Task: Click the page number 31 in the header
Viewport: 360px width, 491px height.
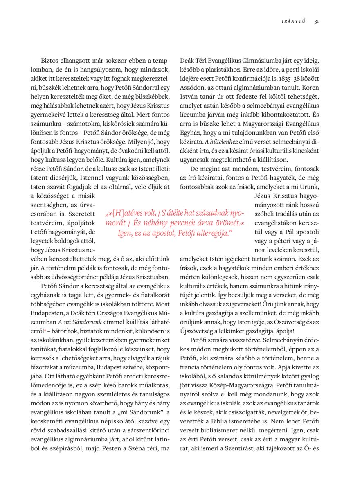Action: pyautogui.click(x=317, y=22)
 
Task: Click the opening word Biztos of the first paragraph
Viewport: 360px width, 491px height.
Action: pyautogui.click(x=49, y=61)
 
